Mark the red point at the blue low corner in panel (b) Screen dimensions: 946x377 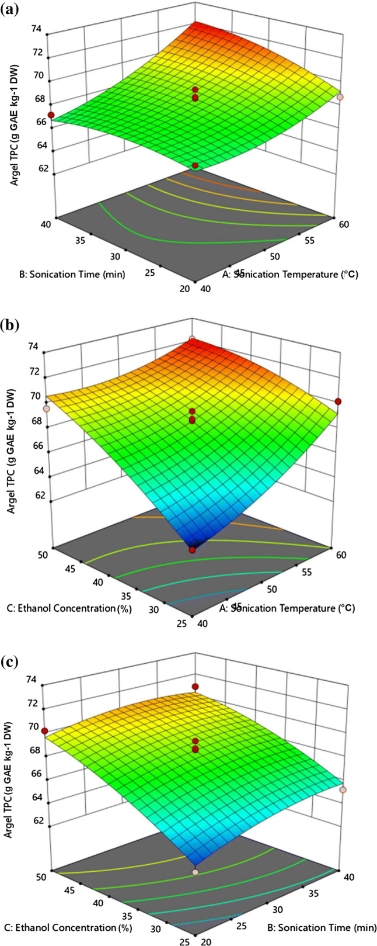click(192, 549)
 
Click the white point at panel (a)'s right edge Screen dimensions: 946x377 click(340, 97)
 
